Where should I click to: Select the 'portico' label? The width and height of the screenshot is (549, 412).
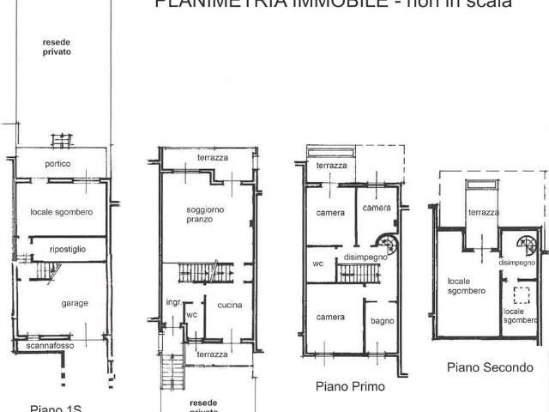coord(58,163)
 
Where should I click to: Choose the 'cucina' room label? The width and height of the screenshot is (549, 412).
coord(229,305)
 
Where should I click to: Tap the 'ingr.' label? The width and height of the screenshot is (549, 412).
coord(173,302)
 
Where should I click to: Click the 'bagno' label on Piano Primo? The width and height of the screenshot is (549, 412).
coord(383,322)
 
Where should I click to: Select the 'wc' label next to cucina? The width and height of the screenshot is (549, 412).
coord(191,314)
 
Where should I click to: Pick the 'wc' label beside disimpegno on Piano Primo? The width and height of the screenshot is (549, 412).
coord(317,264)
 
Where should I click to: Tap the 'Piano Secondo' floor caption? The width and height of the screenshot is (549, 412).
coord(490,367)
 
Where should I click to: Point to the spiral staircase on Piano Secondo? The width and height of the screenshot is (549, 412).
coord(524,243)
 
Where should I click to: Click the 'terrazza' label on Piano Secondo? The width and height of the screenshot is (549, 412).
coord(484,213)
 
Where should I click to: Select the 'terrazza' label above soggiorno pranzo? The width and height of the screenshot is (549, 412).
coord(212,158)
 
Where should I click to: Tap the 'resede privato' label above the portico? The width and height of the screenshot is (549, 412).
coord(57,46)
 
